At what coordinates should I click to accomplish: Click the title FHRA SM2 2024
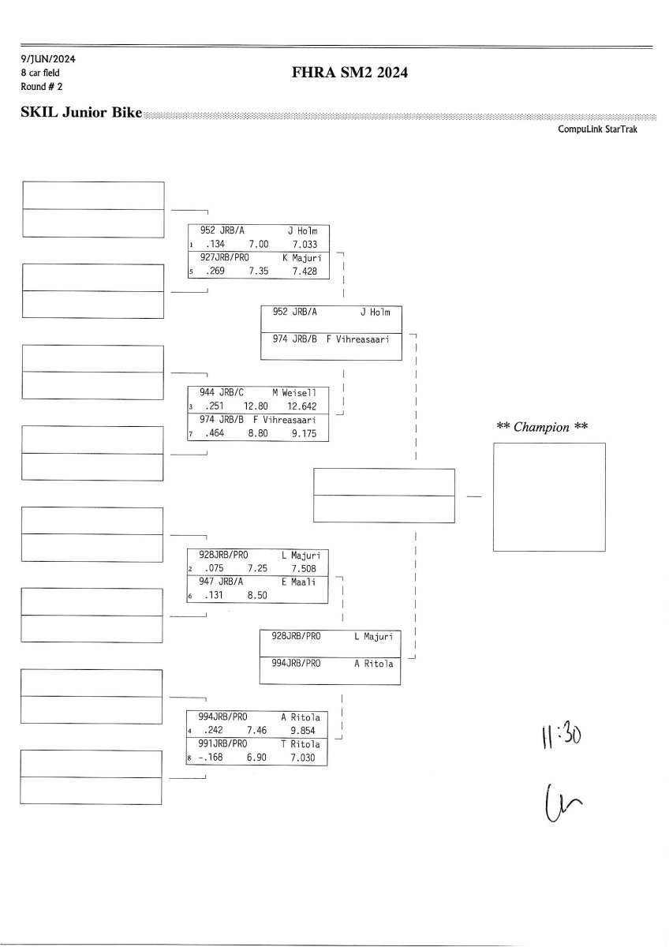(350, 73)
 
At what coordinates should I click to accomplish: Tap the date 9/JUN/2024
(49, 59)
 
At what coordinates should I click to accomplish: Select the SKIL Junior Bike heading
(81, 113)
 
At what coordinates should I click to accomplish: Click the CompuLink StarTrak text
(597, 129)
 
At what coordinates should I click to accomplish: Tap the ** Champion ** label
(542, 427)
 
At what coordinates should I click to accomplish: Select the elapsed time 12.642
(302, 407)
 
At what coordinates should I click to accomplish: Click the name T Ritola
(300, 744)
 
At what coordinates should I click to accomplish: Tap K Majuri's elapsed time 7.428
(303, 271)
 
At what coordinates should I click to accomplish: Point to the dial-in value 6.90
(257, 758)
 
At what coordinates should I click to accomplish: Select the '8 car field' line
(40, 73)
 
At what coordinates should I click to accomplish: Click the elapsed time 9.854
(303, 731)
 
